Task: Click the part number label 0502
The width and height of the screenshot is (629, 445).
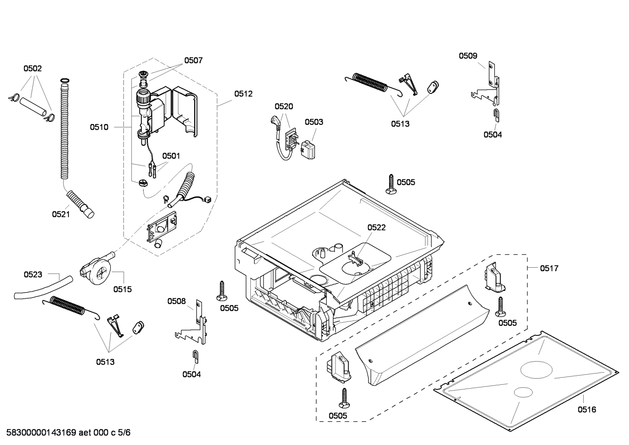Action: click(x=32, y=69)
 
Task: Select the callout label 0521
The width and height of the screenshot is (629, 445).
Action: click(x=61, y=214)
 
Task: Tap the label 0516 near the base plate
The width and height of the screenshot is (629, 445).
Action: click(x=587, y=409)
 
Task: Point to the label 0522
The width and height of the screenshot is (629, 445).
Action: click(x=376, y=228)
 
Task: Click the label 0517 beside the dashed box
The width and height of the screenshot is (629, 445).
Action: click(x=549, y=269)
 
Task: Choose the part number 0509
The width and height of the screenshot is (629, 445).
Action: click(x=468, y=56)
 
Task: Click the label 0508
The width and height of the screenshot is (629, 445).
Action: click(x=177, y=301)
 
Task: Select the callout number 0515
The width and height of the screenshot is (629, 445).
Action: click(x=122, y=289)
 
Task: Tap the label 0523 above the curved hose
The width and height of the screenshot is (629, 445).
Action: click(x=33, y=274)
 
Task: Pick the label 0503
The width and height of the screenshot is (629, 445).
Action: click(x=314, y=122)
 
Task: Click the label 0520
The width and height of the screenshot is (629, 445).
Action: click(x=284, y=106)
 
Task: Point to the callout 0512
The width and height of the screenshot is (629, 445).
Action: click(x=243, y=93)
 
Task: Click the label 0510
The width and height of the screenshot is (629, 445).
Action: click(x=99, y=127)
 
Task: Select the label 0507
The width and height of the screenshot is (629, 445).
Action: click(x=193, y=61)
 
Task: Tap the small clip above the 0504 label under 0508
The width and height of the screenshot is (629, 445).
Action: click(x=195, y=356)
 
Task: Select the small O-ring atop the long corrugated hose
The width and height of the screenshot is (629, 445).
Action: click(x=64, y=80)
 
